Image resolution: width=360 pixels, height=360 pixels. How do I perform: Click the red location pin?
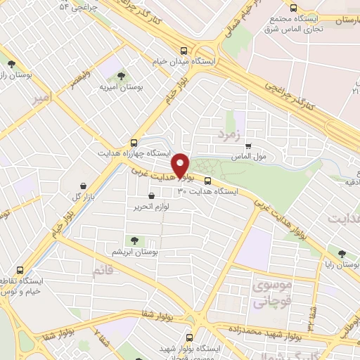click(x=182, y=165)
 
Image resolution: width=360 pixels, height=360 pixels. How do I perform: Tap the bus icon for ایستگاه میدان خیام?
click(x=184, y=51)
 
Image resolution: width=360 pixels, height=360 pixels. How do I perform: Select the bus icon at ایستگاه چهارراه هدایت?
click(x=134, y=141)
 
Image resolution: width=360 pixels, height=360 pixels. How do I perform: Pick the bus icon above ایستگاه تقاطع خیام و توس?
click(x=19, y=270)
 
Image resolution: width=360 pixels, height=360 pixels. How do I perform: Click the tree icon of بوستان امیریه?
click(x=121, y=75)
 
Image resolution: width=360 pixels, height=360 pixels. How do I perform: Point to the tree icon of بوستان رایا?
click(x=342, y=254)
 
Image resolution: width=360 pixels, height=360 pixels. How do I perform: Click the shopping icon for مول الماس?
click(x=247, y=146)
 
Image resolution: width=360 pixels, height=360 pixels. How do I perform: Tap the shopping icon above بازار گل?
click(x=84, y=186)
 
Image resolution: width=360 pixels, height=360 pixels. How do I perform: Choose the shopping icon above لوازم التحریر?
click(x=151, y=196)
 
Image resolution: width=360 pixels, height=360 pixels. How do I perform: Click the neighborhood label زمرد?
click(x=229, y=133)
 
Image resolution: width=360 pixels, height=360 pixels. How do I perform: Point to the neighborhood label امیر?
click(x=42, y=101)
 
